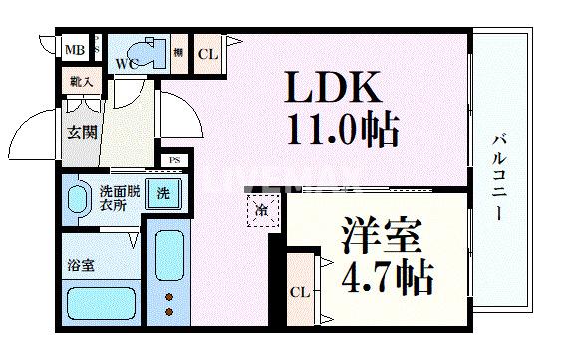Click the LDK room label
(335, 89)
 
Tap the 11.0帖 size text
(343, 128)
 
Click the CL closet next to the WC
(206, 54)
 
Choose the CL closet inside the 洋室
(298, 292)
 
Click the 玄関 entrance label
(82, 130)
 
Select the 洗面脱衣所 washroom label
(110, 196)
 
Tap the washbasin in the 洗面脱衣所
(76, 198)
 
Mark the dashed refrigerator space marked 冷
(260, 210)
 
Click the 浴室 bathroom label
(81, 268)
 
